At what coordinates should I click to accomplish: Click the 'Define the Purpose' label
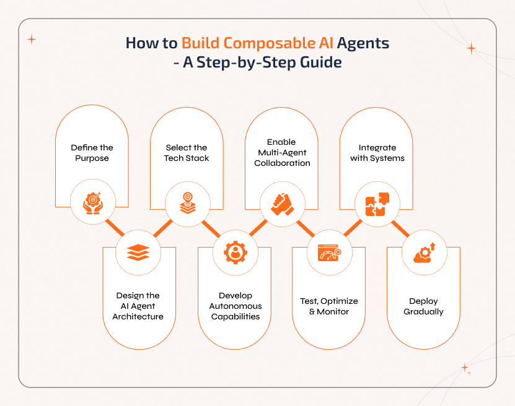(92, 153)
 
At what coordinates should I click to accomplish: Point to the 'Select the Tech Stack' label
(187, 153)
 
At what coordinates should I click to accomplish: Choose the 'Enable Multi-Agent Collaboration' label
(282, 153)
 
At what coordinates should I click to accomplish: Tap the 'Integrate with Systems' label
(377, 153)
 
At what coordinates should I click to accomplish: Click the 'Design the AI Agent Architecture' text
(138, 306)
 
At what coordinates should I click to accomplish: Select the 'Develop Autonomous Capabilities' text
(235, 306)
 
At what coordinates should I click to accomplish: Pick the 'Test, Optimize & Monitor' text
(329, 306)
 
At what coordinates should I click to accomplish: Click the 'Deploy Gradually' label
(424, 306)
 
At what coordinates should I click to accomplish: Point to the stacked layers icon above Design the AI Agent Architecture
(138, 253)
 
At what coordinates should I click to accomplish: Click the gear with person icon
(235, 253)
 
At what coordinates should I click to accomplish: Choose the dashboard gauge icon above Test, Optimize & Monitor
(329, 253)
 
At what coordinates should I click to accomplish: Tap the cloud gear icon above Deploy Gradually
(424, 253)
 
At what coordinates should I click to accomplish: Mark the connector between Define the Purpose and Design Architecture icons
(115, 228)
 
